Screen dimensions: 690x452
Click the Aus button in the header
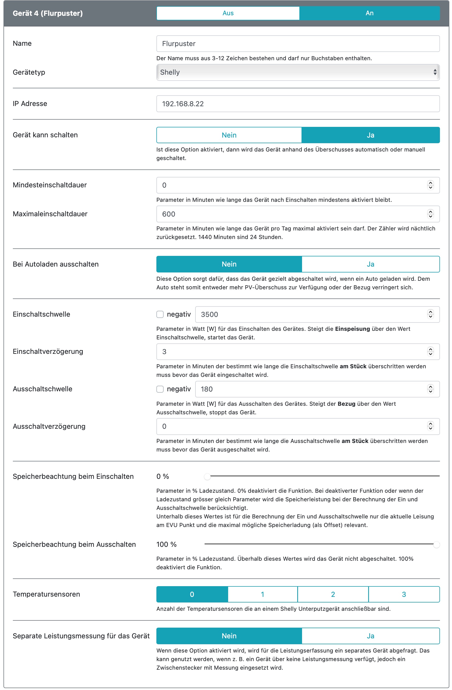pos(228,13)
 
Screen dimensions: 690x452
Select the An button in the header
pos(369,13)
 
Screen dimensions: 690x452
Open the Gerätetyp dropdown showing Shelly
pos(298,73)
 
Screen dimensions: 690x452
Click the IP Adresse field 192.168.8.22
pos(298,104)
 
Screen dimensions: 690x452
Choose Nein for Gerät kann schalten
pos(229,135)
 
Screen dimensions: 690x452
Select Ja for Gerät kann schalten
pos(371,135)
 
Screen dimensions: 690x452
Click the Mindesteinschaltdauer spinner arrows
pos(431,185)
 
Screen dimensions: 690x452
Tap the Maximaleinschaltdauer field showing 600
pos(290,214)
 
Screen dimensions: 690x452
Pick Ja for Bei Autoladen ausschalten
pos(371,264)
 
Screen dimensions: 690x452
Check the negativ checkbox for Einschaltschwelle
pos(160,314)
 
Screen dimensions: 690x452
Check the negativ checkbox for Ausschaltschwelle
pos(160,389)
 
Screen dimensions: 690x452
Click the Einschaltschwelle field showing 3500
pos(310,314)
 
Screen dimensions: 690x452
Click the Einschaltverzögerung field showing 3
pos(290,352)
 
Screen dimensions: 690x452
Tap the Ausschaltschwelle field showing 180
pos(310,389)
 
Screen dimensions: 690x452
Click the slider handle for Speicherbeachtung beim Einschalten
pos(207,477)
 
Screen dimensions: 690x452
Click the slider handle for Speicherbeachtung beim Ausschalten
pos(436,545)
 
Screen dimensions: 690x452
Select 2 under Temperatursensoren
pos(333,594)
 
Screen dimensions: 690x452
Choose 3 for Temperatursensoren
pos(404,594)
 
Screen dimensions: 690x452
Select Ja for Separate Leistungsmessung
pos(371,636)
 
